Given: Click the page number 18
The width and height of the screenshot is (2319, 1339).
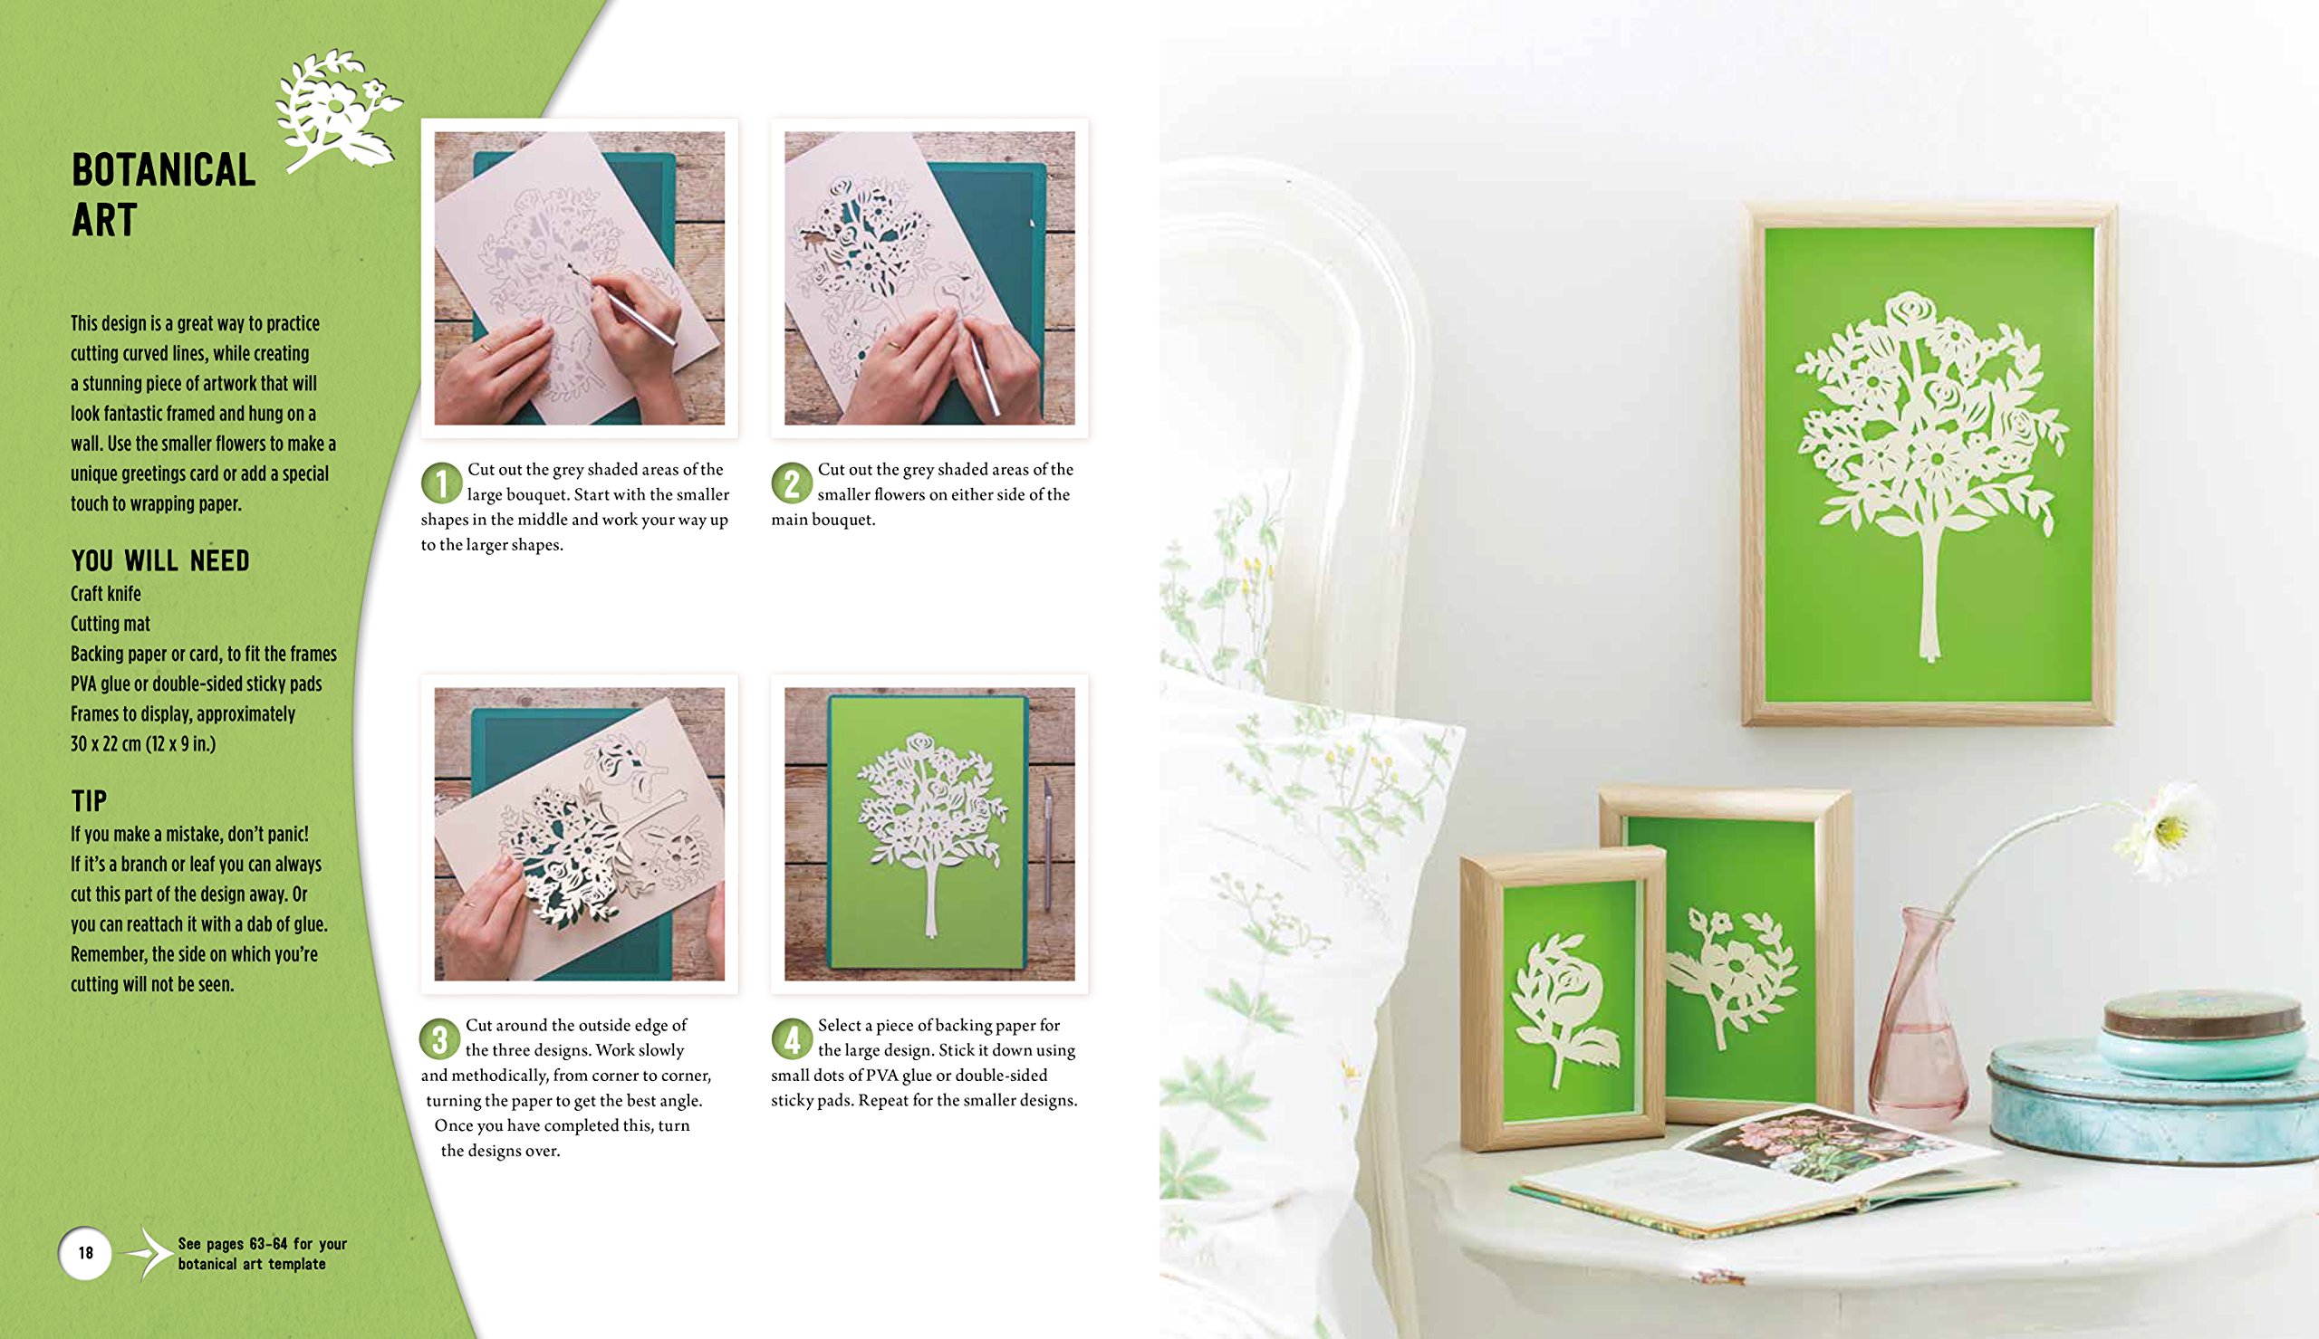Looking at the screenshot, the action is (x=85, y=1253).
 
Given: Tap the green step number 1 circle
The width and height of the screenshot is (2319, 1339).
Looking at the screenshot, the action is (x=441, y=483).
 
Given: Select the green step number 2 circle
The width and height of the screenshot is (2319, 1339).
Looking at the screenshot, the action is (x=792, y=483).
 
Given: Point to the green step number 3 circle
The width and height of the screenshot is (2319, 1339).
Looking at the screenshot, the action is (x=439, y=1039).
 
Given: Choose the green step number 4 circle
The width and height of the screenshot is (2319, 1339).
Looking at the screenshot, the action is (x=792, y=1039).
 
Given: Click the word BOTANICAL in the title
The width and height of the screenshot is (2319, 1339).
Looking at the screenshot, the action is (x=164, y=171).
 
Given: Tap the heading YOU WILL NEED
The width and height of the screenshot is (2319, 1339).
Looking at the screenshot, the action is (x=160, y=561).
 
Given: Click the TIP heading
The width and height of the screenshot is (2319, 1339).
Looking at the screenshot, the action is (x=90, y=802).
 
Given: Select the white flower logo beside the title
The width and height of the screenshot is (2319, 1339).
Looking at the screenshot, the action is (x=338, y=110).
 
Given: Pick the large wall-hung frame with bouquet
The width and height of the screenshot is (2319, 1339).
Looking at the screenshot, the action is (x=1929, y=464).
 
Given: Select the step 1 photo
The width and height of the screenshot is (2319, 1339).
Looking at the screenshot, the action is (x=580, y=278).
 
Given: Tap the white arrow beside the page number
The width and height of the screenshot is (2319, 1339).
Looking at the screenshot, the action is (x=147, y=1253).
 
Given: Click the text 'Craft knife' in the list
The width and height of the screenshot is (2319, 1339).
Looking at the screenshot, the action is (x=106, y=594).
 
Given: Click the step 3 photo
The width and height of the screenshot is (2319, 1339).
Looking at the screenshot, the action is (x=580, y=834).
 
